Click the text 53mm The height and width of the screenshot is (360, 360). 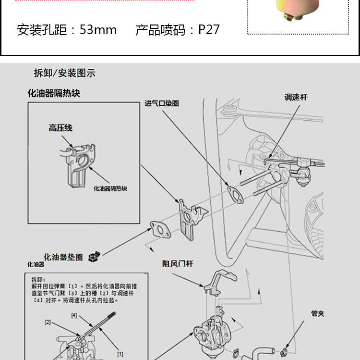98,30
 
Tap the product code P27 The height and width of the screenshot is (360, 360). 209,30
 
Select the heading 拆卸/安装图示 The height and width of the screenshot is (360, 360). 64,73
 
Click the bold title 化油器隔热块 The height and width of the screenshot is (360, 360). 54,93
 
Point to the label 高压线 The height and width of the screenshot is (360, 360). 60,128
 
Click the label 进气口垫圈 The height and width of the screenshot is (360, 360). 162,103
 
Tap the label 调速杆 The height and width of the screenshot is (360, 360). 296,97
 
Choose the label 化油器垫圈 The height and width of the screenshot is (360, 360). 63,257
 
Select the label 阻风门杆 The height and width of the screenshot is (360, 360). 178,264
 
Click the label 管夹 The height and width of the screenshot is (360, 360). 318,313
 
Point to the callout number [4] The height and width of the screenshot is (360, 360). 74,316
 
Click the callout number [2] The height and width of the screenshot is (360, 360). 48,322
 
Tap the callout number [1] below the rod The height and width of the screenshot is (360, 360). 120,354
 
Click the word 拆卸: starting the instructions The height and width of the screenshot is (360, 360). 38,279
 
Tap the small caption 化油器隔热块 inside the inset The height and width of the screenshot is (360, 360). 110,189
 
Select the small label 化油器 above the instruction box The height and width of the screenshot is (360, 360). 36,264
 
